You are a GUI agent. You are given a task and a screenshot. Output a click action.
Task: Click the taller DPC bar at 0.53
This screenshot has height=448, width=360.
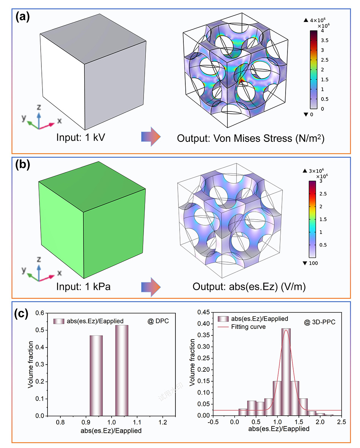[122, 370]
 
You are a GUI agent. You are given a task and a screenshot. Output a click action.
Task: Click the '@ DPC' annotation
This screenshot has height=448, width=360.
[158, 322]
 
